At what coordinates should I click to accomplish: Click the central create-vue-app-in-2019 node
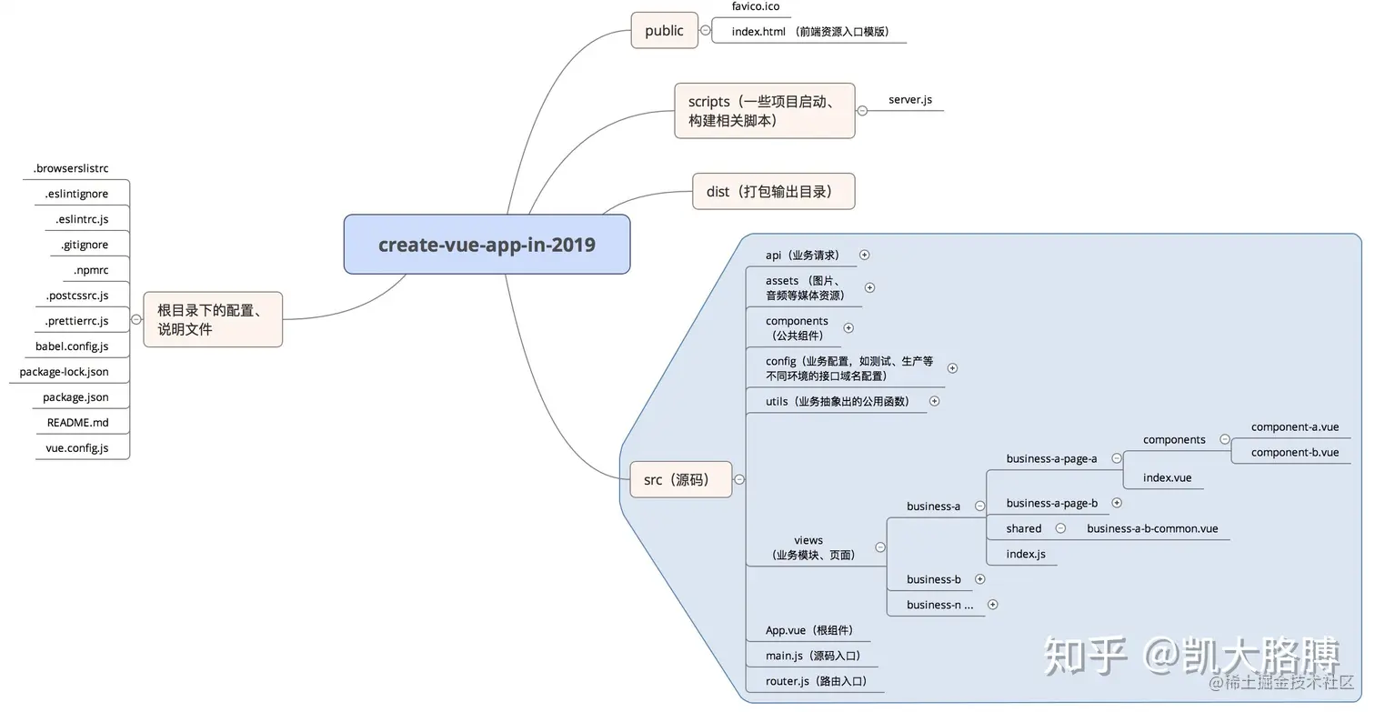(487, 245)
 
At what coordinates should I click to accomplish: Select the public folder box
(664, 31)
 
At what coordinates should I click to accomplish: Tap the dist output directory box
(773, 192)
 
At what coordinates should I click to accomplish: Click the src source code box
(680, 479)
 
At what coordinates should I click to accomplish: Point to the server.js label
(910, 99)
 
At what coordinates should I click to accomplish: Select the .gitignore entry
(85, 245)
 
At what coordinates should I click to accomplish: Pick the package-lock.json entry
(64, 372)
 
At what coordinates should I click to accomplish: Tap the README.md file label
(77, 423)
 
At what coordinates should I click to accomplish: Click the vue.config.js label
(77, 448)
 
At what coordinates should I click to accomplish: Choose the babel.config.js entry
(72, 346)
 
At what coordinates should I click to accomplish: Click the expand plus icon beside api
(864, 256)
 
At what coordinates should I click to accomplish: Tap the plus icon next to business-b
(979, 579)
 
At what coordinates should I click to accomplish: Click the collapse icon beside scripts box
(862, 111)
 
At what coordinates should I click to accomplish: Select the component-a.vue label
(1294, 426)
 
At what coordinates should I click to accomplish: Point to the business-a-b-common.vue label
(1152, 528)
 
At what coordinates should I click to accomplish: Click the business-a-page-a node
(1051, 458)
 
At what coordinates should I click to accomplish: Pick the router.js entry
(816, 681)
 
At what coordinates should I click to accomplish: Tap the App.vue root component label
(809, 630)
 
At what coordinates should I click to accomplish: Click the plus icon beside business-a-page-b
(1117, 503)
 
